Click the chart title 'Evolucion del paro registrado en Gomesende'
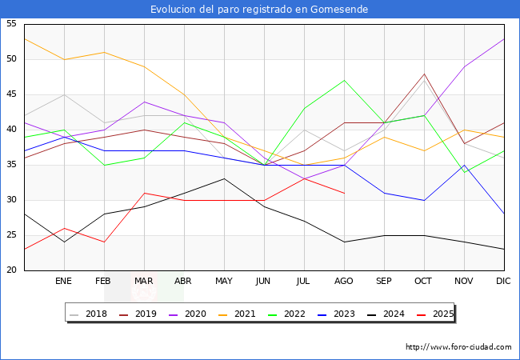pos(260,10)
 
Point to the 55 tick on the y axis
pos(12,24)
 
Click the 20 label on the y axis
pos(12,270)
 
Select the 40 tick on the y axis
pos(12,130)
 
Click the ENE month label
pos(64,282)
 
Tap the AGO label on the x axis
pos(344,282)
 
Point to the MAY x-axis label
pos(224,282)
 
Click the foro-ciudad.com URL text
pos(458,347)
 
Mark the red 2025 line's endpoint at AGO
pos(344,193)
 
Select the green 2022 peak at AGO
pos(344,80)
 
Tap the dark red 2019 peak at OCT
pos(424,74)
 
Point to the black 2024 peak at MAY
pos(224,178)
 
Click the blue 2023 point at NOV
pos(464,165)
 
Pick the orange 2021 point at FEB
pos(104,52)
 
